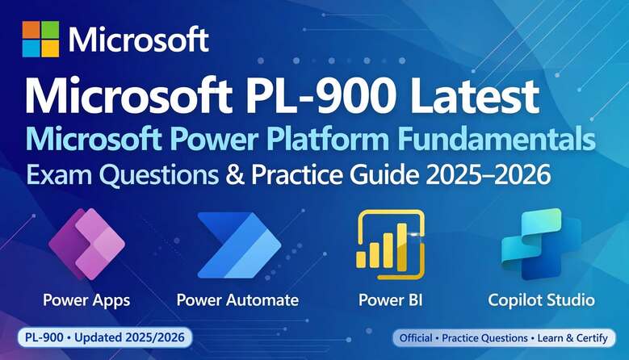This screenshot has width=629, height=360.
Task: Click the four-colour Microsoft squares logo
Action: (40, 39)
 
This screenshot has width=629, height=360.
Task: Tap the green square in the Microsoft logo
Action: (50, 30)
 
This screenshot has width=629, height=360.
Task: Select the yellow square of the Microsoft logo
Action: (50, 48)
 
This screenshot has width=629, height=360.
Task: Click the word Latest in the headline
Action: (474, 96)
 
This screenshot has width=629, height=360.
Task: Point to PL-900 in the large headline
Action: (320, 96)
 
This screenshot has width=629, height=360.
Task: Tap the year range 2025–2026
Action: (489, 175)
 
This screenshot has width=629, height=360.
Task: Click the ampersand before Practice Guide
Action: (235, 175)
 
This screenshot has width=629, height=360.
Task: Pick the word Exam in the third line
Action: (59, 175)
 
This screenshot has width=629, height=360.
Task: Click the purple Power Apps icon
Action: (86, 244)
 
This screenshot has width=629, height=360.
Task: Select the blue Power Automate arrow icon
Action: (239, 245)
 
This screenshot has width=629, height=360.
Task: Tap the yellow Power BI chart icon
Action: (390, 245)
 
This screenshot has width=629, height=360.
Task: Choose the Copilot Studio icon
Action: (541, 243)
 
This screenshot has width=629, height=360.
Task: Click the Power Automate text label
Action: (237, 300)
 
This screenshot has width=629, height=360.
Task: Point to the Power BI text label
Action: (390, 300)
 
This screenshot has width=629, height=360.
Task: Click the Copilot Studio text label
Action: (541, 300)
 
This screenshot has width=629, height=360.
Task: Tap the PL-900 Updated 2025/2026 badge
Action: (105, 337)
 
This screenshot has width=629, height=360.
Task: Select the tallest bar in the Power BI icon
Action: (402, 245)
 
